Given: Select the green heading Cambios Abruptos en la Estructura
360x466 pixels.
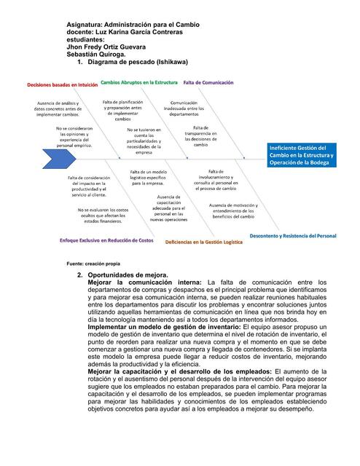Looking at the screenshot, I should click(138, 83).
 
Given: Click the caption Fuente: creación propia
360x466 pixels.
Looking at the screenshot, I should click(93, 263).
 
